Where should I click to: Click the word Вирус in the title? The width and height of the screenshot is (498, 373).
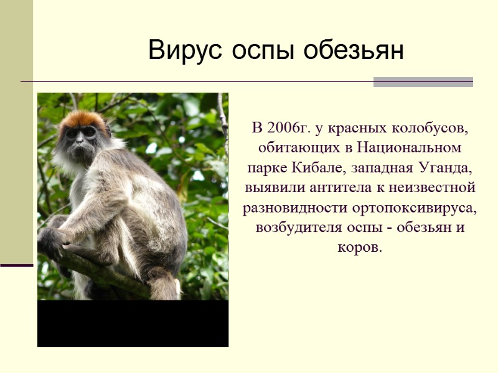tap(186, 50)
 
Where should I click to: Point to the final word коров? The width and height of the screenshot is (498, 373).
tap(360, 246)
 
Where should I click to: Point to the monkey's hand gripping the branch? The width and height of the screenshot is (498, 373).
tap(51, 239)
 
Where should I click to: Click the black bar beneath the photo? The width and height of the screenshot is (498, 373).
tap(133, 323)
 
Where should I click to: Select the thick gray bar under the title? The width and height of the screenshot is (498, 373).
tap(423, 82)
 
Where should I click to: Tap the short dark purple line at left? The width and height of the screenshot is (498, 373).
tap(16, 265)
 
